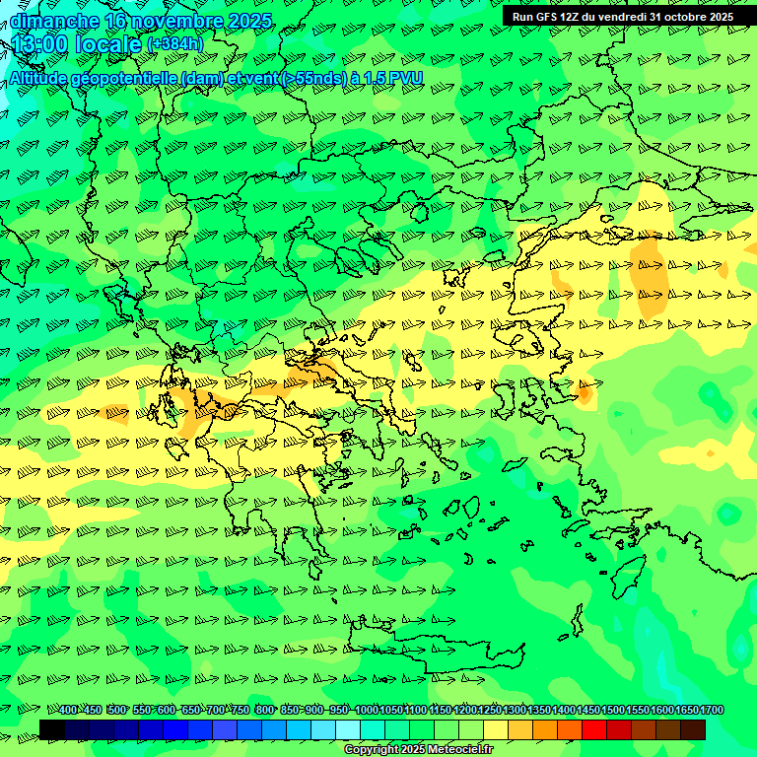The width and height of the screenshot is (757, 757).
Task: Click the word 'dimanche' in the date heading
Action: point(54,21)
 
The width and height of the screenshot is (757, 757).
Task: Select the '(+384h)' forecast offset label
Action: point(175,44)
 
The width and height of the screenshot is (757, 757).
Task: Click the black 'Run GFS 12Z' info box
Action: point(622,17)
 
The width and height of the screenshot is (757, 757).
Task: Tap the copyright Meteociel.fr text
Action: point(418,750)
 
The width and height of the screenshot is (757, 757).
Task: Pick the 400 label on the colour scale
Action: point(67,711)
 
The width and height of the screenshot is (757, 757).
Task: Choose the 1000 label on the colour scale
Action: point(367,711)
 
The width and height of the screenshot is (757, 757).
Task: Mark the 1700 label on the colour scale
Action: point(712,711)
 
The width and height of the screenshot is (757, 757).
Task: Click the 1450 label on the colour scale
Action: point(588,711)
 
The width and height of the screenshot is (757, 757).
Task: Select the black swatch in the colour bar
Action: point(52,729)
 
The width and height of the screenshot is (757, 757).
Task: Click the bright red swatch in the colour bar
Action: point(594,729)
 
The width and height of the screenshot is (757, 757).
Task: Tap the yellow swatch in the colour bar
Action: point(496,729)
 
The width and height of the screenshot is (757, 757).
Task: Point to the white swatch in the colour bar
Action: point(348,729)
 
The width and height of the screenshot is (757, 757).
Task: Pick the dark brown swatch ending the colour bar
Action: point(693,729)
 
